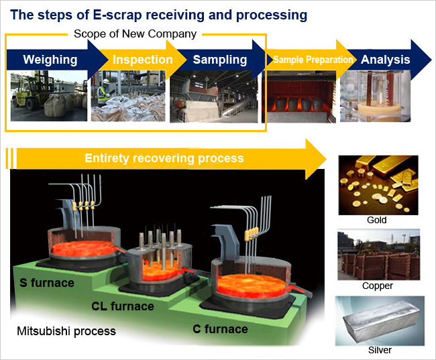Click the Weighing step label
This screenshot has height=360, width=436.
tap(50, 60)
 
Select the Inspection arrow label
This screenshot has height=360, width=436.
tap(143, 60)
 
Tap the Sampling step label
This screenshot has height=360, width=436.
tap(220, 60)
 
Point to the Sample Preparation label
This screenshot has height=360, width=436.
tap(313, 60)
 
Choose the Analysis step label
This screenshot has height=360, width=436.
tap(386, 60)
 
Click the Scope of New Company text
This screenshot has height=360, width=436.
tap(135, 34)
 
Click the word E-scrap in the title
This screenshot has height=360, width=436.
tap(117, 15)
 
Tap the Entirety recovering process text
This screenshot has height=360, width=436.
tap(164, 158)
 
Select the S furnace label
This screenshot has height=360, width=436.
tap(47, 283)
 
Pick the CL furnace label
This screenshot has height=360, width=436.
tap(123, 306)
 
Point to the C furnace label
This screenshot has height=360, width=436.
tap(220, 329)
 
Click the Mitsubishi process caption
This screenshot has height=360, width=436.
tap(66, 331)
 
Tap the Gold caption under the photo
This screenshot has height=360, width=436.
tap(377, 220)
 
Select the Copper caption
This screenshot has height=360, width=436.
tap(378, 286)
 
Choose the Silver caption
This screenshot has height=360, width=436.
tap(380, 350)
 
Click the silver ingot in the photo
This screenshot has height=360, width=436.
tap(382, 322)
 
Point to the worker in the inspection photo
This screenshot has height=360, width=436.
tap(103, 91)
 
